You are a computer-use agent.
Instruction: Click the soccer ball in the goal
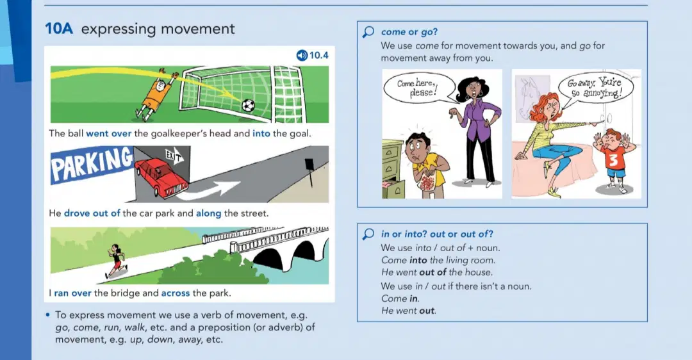248,106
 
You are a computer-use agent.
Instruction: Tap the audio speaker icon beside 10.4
302,55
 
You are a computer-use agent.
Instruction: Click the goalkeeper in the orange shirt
158,94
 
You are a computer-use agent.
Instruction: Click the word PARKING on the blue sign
92,165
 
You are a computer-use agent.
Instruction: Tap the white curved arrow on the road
211,188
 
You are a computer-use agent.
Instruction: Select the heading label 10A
59,29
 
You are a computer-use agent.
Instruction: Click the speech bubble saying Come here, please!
418,88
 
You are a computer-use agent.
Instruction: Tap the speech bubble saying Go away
594,88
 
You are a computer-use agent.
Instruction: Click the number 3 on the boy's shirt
613,161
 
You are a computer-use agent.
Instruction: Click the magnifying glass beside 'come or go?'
368,32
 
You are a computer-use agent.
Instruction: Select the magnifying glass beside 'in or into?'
368,234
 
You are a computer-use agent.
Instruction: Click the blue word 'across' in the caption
175,293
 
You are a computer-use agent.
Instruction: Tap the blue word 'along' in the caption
208,213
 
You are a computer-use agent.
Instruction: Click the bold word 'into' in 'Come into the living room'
418,260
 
